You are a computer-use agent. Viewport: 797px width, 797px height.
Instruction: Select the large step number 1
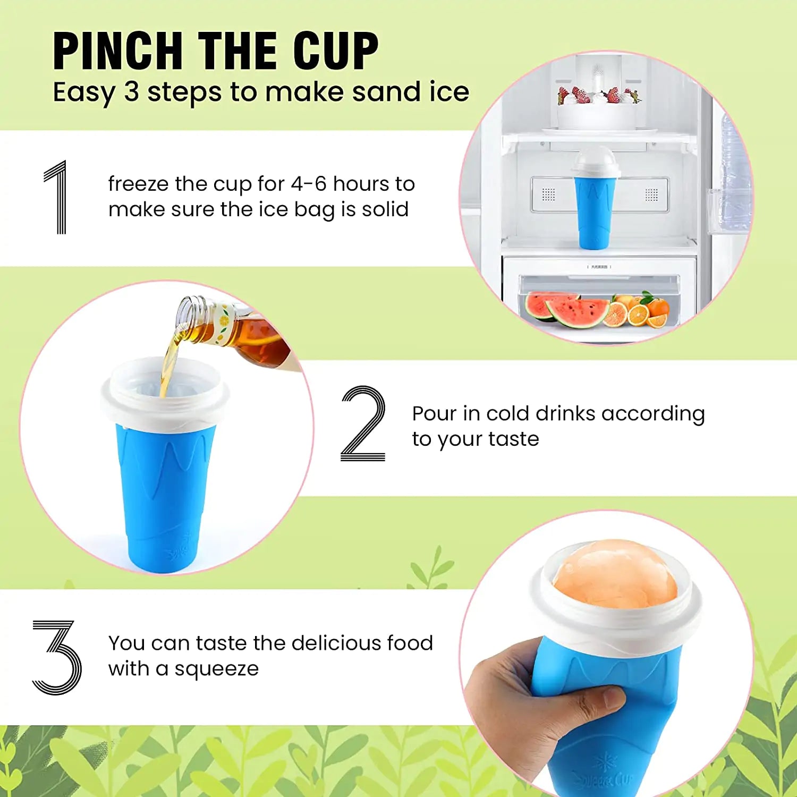coord(57,197)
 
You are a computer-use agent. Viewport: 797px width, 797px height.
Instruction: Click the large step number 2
coord(363,423)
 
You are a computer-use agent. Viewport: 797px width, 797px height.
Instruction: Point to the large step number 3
coord(57,657)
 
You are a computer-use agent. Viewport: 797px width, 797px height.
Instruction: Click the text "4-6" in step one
coord(308,184)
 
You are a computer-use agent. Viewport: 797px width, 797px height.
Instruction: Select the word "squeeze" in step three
coord(216,669)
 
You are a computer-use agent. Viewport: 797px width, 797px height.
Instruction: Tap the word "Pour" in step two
coord(434,413)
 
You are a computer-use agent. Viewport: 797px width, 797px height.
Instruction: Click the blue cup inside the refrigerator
coord(595,213)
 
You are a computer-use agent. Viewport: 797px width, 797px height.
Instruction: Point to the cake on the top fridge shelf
coord(598,109)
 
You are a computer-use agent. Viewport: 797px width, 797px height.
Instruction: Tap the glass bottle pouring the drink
coord(234,329)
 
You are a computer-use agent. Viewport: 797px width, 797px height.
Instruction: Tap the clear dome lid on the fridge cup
coord(596,162)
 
